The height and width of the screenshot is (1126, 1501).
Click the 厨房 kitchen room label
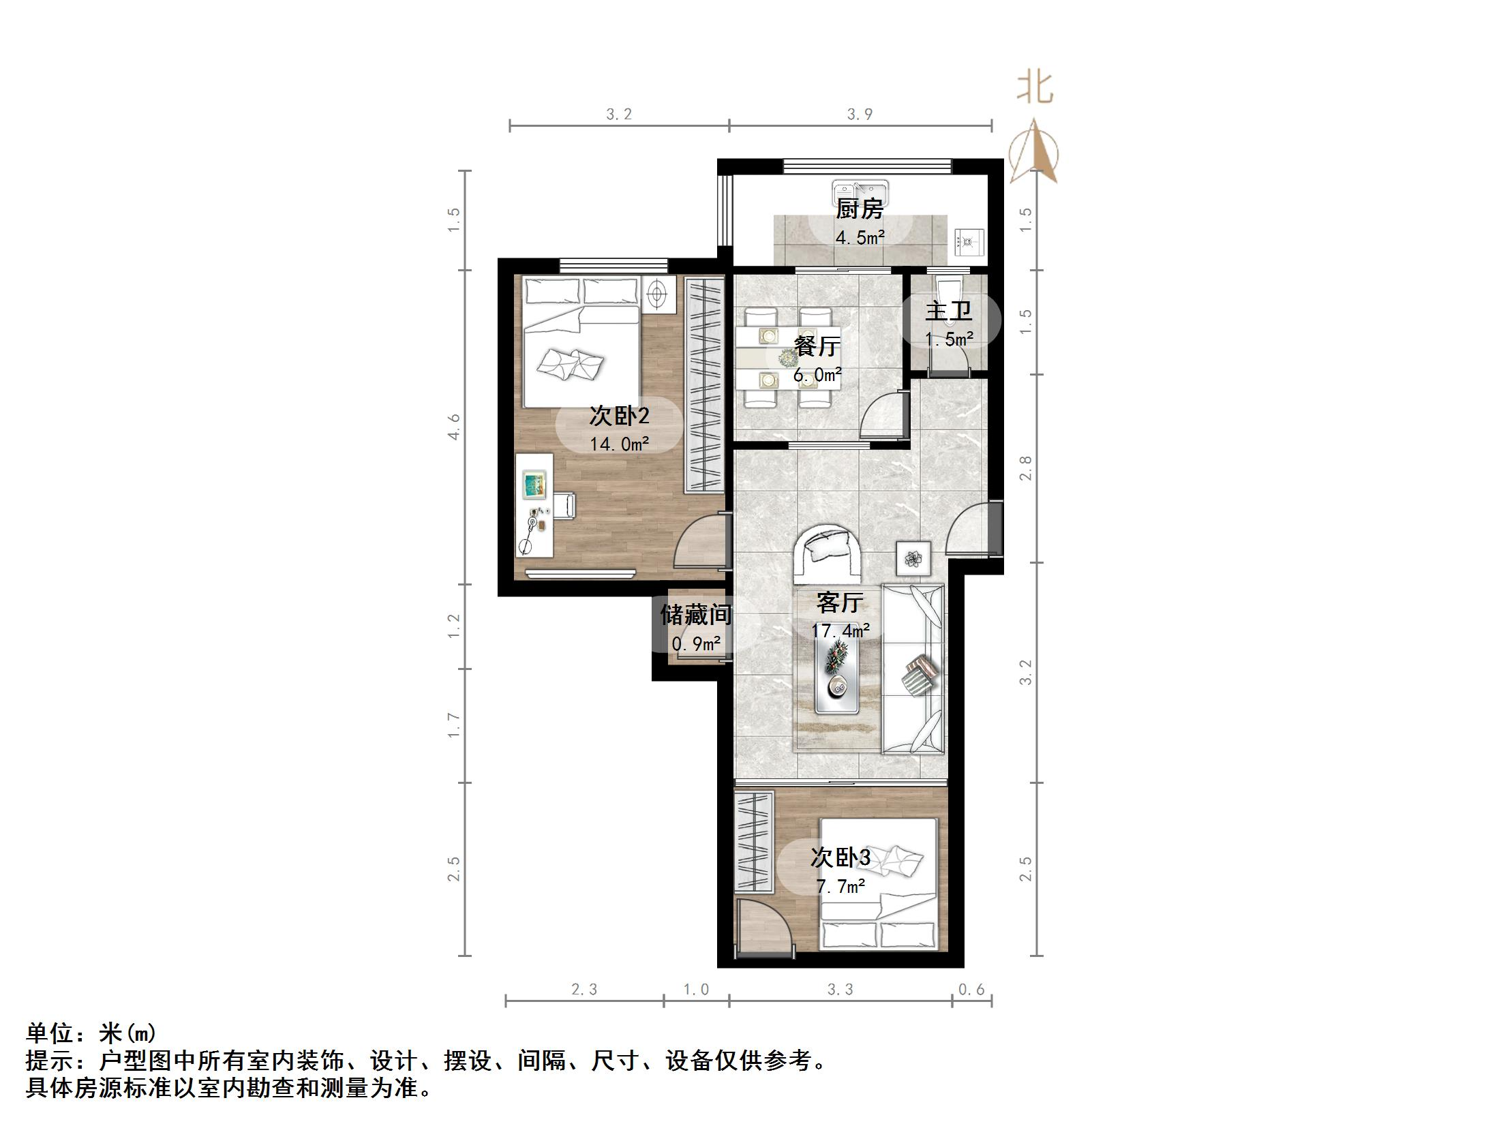pyautogui.click(x=859, y=209)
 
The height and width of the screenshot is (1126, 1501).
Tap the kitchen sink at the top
pyautogui.click(x=859, y=190)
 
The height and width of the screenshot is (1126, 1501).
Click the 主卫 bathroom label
pyautogui.click(x=948, y=311)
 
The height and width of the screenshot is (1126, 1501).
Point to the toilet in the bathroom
pyautogui.click(x=948, y=286)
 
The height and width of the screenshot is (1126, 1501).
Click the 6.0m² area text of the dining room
pyautogui.click(x=817, y=375)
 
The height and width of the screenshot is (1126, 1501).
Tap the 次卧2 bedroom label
pyautogui.click(x=619, y=416)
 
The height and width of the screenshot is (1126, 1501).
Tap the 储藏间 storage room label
pyautogui.click(x=695, y=615)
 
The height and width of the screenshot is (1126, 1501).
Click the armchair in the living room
pyautogui.click(x=828, y=551)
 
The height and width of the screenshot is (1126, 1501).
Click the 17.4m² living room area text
pyautogui.click(x=840, y=631)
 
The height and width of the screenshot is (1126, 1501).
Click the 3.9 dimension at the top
pyautogui.click(x=860, y=114)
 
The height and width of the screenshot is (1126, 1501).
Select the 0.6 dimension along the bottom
pyautogui.click(x=971, y=989)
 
